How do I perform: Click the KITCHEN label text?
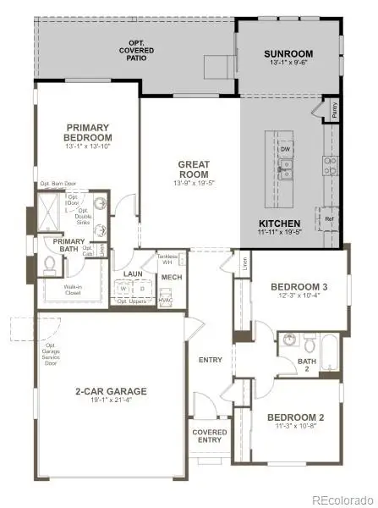coord(279,224)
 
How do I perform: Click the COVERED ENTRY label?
coord(210,436)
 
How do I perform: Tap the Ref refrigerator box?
coord(329,219)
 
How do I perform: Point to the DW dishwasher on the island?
coord(287,149)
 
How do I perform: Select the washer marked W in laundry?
coord(123,288)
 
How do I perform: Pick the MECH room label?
coord(173,277)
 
